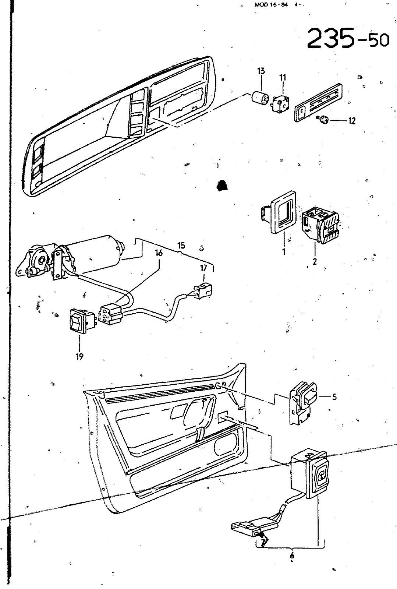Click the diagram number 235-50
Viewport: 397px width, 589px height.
point(347,38)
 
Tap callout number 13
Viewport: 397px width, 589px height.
point(261,71)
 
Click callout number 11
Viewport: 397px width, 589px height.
point(283,78)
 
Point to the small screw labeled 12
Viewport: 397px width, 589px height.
point(323,119)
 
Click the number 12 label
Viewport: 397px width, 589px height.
point(352,121)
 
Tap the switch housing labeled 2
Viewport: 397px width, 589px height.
point(320,225)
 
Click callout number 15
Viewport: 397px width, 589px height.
point(181,245)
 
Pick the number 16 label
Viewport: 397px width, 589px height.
point(159,253)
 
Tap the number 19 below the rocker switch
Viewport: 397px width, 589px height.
point(80,356)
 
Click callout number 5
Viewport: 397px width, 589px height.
point(334,397)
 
